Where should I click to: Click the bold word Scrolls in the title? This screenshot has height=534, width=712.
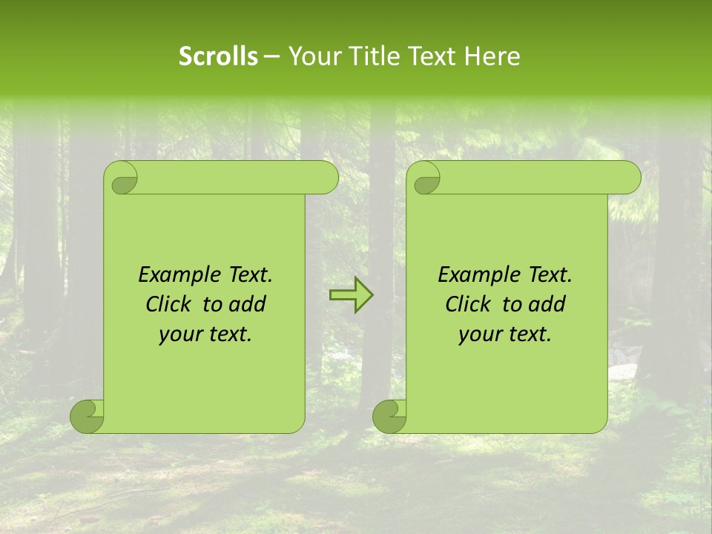point(218,56)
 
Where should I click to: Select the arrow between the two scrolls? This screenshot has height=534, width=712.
point(351,295)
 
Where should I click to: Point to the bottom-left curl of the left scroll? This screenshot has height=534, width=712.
point(88,416)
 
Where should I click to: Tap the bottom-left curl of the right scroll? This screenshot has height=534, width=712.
point(390,416)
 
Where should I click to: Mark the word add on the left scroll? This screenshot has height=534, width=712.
point(248,305)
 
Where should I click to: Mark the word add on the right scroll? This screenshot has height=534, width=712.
point(548,305)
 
